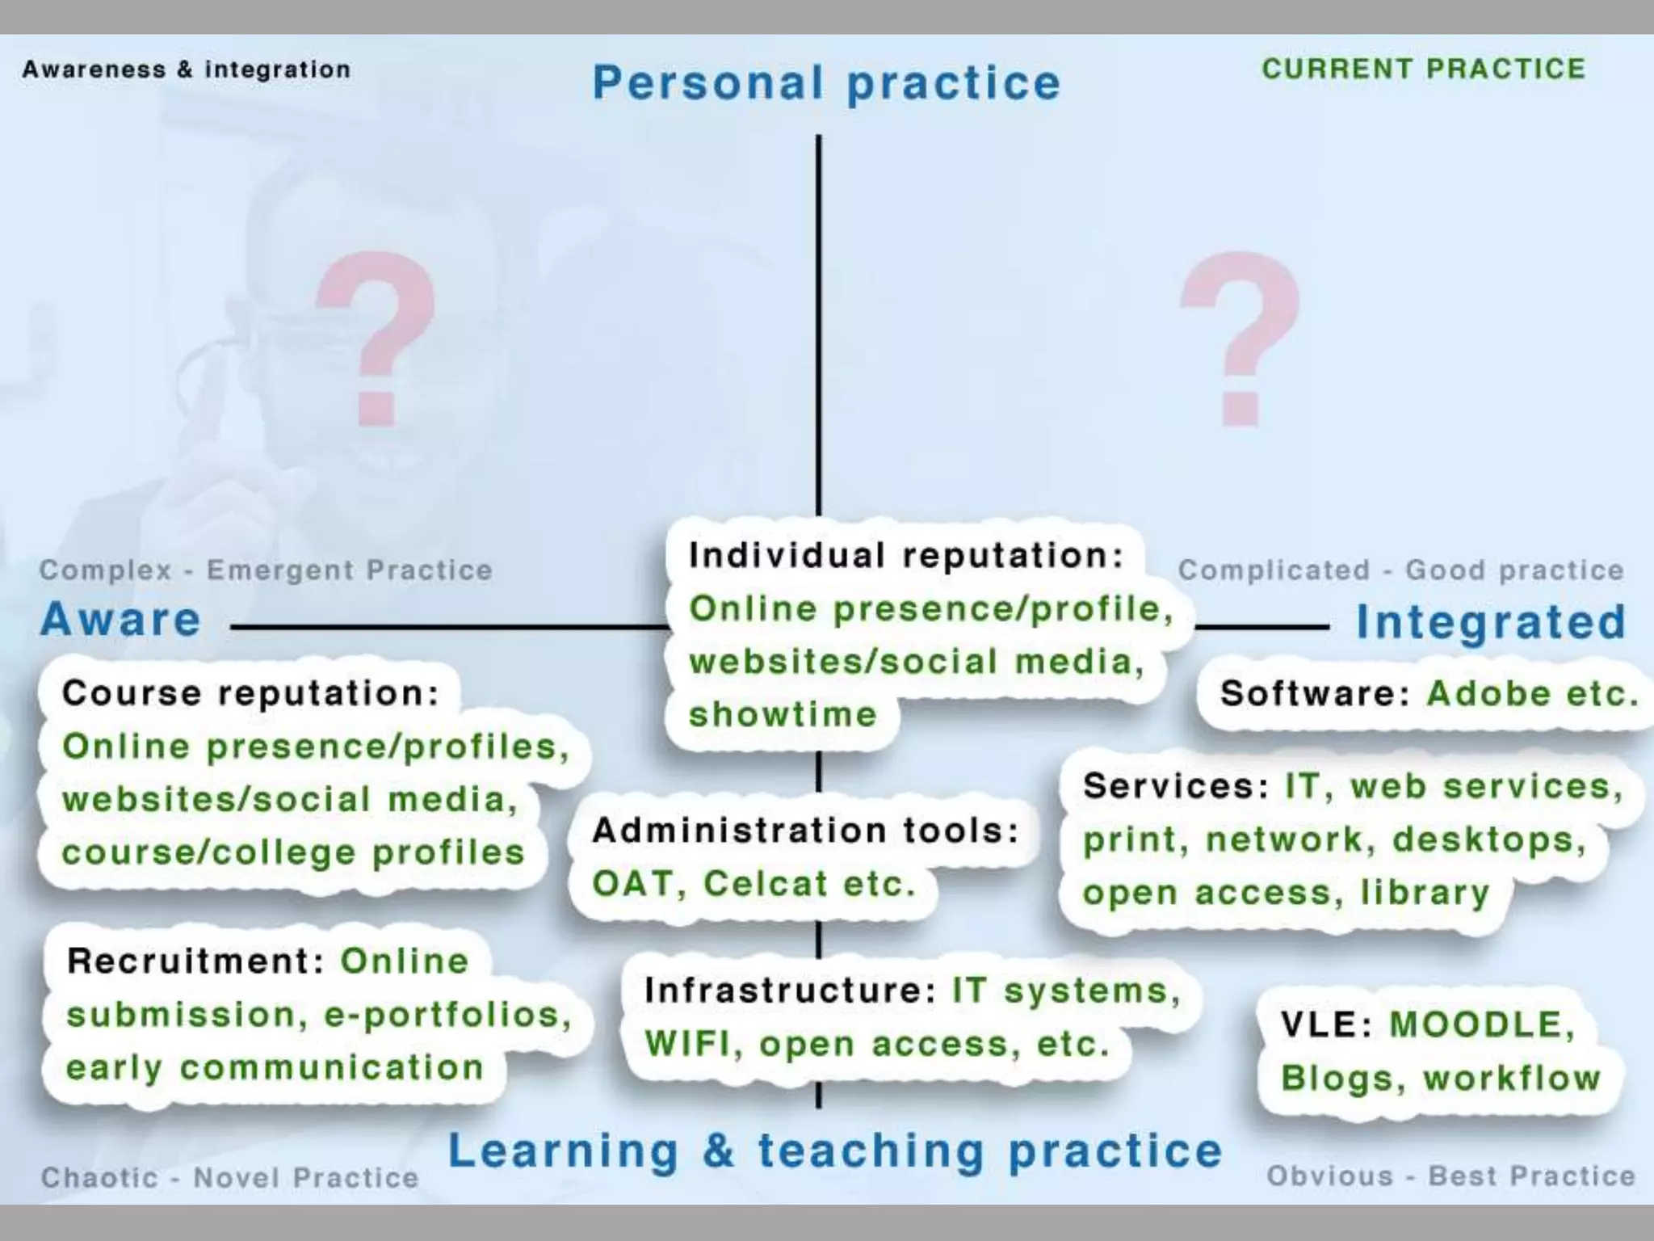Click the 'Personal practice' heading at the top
pyautogui.click(x=826, y=83)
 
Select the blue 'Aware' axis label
pyautogui.click(x=120, y=620)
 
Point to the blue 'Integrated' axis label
pyautogui.click(x=1491, y=622)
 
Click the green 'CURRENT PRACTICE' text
pyautogui.click(x=1424, y=69)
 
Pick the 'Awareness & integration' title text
pyautogui.click(x=187, y=69)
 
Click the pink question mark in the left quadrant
pyautogui.click(x=376, y=339)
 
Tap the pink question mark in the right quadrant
pyautogui.click(x=1240, y=339)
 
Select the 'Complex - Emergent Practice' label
pyautogui.click(x=266, y=570)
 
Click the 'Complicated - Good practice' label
pyautogui.click(x=1401, y=570)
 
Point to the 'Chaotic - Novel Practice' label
pyautogui.click(x=230, y=1177)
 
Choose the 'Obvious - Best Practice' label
pyautogui.click(x=1451, y=1176)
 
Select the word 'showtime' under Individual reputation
pyautogui.click(x=783, y=715)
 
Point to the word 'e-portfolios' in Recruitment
pyautogui.click(x=448, y=1016)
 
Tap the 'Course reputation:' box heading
pyautogui.click(x=250, y=693)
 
